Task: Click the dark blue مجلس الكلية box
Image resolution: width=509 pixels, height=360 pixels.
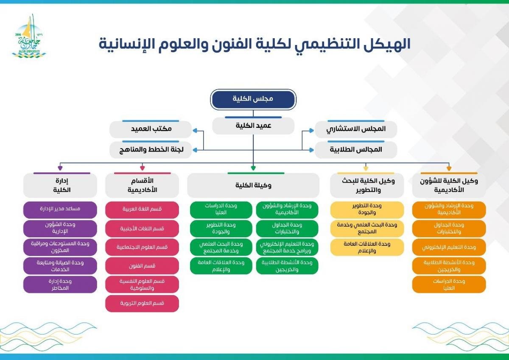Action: coord(253,99)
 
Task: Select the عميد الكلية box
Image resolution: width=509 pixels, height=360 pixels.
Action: coord(253,126)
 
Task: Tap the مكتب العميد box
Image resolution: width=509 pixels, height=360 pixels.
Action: coord(151,129)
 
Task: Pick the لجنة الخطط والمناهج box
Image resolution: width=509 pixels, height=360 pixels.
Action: coord(151,149)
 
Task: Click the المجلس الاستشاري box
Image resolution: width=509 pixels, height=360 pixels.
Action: coord(356,129)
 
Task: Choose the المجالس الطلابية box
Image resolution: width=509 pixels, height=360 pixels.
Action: coord(356,149)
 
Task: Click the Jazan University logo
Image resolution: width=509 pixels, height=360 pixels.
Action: coord(29,37)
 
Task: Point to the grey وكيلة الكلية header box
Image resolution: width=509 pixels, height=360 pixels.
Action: coord(253,185)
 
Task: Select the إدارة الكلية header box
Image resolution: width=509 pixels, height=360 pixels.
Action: coord(60,185)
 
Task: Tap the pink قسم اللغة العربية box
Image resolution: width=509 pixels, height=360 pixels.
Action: coord(142,210)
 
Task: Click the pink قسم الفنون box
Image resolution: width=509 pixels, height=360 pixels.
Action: coord(142,266)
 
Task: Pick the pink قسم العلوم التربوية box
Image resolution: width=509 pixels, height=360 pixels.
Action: coord(142,304)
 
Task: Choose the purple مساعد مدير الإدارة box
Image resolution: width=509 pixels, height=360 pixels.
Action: coord(60,210)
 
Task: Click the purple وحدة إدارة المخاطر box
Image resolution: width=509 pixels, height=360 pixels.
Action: coord(60,284)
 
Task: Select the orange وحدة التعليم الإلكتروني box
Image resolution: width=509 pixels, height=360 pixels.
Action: coord(449,247)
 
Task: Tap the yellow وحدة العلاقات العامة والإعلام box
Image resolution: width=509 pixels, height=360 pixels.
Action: coord(367,247)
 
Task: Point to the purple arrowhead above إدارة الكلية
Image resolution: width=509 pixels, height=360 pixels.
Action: coord(60,168)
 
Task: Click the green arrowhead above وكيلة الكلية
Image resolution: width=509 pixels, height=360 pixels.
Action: coord(253,168)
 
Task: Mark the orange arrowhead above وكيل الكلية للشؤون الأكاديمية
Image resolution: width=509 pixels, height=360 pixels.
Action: coord(449,168)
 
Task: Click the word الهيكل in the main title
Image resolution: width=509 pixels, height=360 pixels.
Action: coord(384,44)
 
